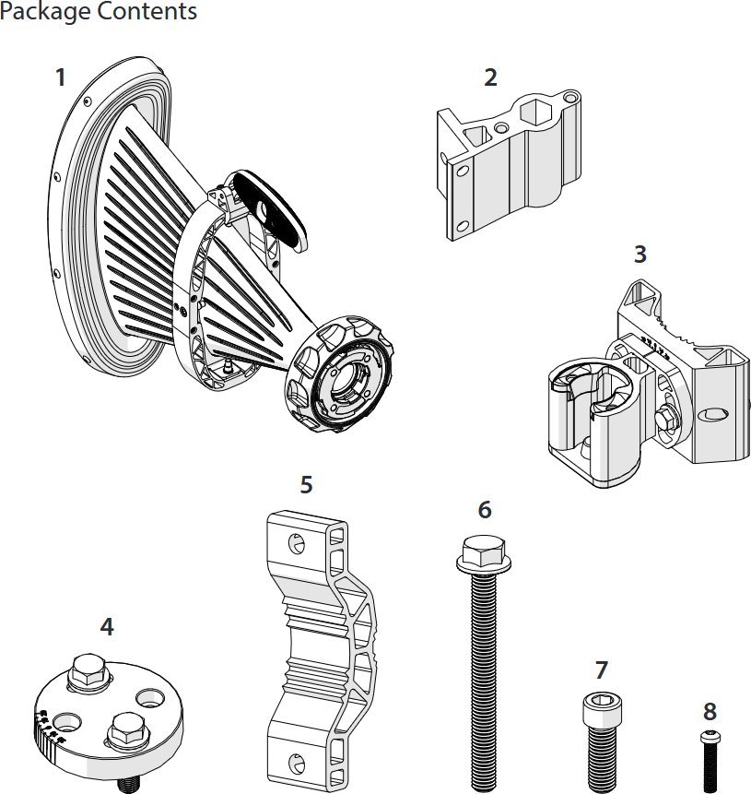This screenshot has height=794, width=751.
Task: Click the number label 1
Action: point(61,77)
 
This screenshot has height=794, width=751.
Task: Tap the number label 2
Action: point(490,77)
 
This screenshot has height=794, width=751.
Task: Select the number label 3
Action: point(640,254)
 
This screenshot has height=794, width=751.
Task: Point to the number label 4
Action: point(107,627)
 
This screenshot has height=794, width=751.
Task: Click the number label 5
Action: point(307,484)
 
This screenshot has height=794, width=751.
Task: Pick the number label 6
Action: point(485,510)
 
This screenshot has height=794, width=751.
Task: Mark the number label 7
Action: point(602,670)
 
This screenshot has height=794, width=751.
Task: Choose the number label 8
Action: point(709,712)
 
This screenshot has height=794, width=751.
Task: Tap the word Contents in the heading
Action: point(147,12)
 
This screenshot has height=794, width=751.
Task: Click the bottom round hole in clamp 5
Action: point(295,763)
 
